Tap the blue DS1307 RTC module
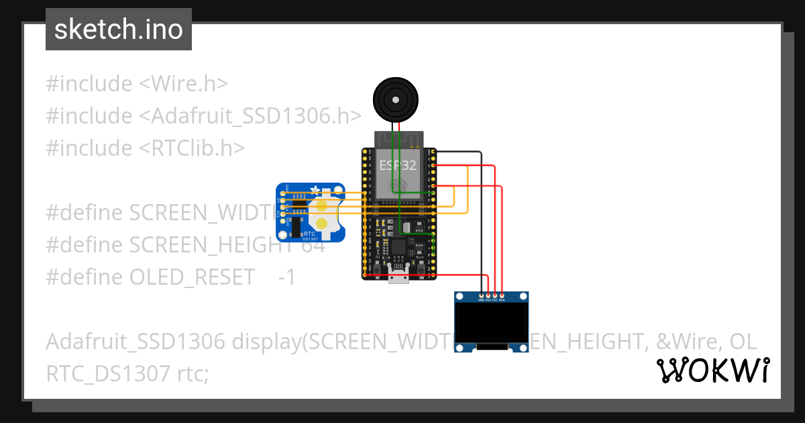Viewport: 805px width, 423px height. [x=311, y=212]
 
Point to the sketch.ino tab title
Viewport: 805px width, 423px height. [x=119, y=30]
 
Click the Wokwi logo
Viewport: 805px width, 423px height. [x=712, y=370]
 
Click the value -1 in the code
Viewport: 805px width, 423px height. [x=287, y=277]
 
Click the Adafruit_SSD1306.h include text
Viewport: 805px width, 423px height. [x=250, y=115]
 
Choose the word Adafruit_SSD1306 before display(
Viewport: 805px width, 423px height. [x=135, y=342]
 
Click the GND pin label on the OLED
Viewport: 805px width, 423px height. [x=481, y=300]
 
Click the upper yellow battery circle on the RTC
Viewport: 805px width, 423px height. [x=323, y=205]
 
